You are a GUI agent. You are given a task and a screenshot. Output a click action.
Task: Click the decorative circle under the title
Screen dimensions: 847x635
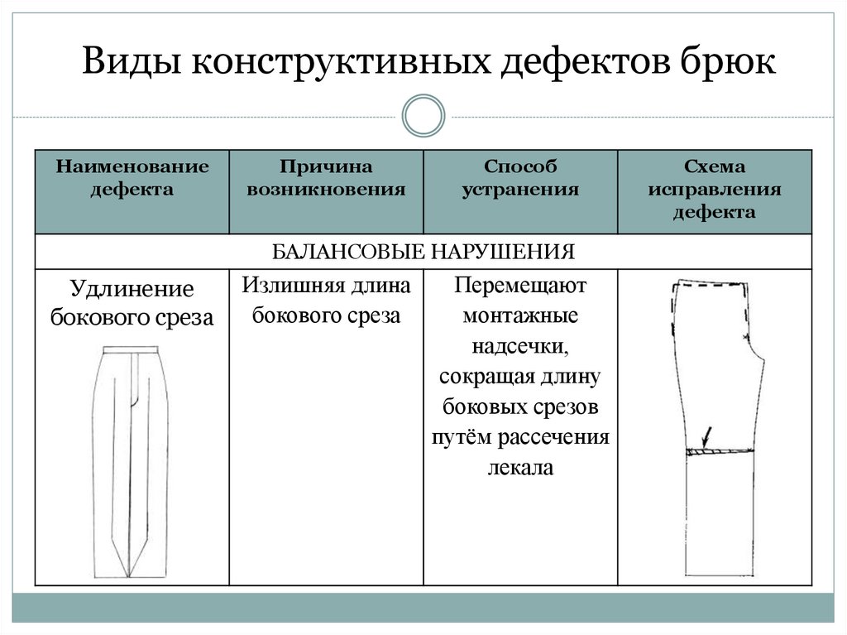pyautogui.click(x=423, y=116)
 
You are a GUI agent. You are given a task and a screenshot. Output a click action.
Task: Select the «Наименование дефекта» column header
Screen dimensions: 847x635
pyautogui.click(x=132, y=178)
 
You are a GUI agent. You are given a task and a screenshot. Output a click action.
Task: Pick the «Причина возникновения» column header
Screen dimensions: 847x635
pyautogui.click(x=327, y=178)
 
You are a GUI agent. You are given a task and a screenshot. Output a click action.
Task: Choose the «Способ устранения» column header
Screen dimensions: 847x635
pyautogui.click(x=520, y=178)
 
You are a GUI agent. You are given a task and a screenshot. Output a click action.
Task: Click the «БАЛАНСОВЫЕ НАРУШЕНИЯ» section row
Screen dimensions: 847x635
pyautogui.click(x=423, y=251)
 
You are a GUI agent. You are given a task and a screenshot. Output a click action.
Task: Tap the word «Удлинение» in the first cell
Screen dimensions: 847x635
pyautogui.click(x=132, y=290)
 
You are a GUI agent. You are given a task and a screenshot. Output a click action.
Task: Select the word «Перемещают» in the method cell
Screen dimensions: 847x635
pyautogui.click(x=520, y=287)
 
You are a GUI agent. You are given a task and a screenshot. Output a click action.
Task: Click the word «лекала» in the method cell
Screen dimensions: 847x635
pyautogui.click(x=520, y=467)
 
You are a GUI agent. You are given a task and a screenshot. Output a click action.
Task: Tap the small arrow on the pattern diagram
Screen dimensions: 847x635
pyautogui.click(x=706, y=435)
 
